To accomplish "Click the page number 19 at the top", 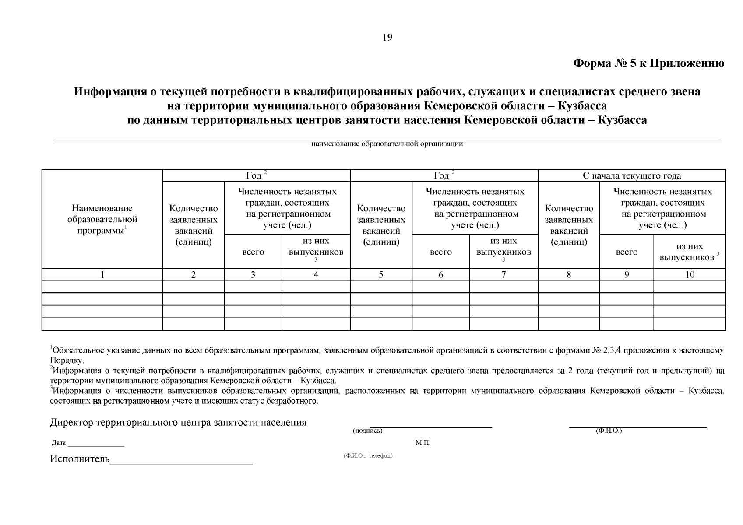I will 387,38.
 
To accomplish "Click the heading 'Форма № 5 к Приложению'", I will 648,64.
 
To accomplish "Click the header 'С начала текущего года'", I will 631,176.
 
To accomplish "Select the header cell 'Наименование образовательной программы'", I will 102,219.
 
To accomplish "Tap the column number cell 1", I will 102,275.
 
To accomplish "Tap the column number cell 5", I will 381,275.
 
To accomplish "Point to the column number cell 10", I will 690,275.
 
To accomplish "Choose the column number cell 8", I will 568,275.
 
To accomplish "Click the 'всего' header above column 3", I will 253,252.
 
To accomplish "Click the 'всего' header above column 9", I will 627,252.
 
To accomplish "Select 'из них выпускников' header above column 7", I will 504,247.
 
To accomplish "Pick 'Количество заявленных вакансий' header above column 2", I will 193,225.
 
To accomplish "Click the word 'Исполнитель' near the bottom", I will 79,459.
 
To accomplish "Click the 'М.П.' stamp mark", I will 423,443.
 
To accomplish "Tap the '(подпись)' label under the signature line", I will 367,431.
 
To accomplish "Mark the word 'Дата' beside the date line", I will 58,443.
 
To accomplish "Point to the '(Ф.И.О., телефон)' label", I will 368,456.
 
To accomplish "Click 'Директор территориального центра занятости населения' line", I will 178,423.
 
